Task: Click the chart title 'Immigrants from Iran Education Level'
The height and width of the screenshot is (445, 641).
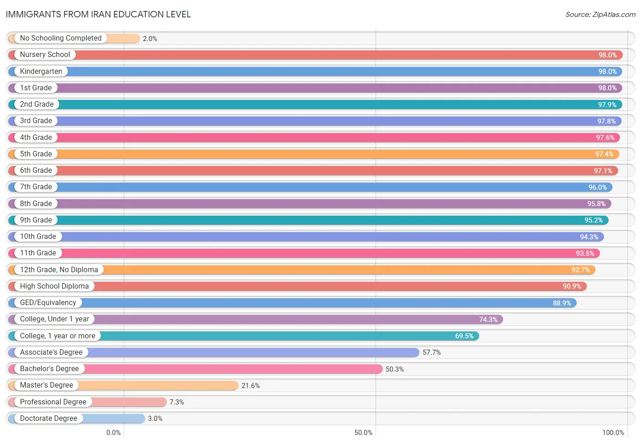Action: [98, 14]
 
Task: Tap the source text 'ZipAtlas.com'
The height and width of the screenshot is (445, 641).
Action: [614, 14]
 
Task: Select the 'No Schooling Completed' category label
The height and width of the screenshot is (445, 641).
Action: [61, 38]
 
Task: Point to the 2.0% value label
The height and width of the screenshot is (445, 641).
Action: [150, 39]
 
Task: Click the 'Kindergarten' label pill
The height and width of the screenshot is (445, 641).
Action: [41, 71]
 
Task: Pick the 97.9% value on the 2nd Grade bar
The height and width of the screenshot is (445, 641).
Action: [607, 105]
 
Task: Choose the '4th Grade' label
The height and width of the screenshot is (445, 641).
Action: [36, 137]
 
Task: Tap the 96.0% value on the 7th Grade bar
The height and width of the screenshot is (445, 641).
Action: [598, 187]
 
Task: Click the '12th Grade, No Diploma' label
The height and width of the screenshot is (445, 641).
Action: [59, 269]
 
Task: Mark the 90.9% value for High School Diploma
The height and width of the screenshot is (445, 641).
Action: [572, 286]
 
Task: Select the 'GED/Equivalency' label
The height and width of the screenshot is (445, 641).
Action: [48, 302]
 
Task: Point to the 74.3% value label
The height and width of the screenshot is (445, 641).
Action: [488, 319]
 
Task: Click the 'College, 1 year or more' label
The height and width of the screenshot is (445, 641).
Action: [57, 336]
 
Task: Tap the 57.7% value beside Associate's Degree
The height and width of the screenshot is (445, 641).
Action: [432, 352]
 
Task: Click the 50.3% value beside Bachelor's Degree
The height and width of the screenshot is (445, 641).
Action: [395, 369]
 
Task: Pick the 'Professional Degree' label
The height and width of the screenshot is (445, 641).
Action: [53, 402]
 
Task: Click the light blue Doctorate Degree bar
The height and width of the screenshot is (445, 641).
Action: [77, 419]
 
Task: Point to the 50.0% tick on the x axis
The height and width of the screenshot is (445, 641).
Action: [363, 432]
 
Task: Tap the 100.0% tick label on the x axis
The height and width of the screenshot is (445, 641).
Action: [613, 432]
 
